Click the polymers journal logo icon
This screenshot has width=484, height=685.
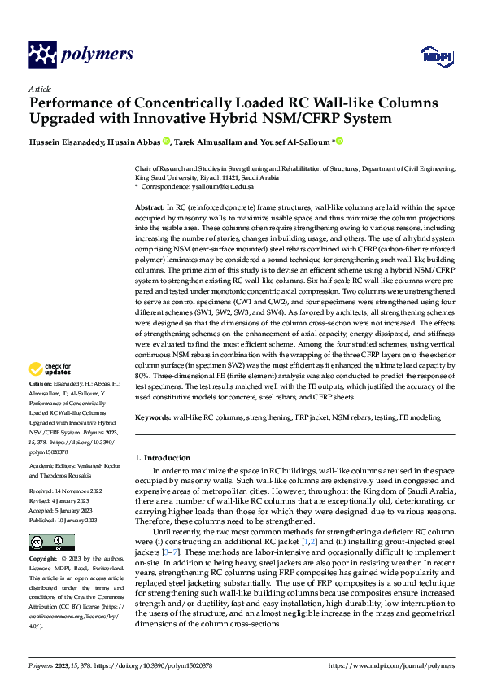42,55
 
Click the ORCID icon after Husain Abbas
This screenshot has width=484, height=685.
167,141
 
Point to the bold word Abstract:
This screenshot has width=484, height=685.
150,207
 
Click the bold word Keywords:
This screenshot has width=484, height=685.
153,417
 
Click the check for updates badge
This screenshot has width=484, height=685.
50,369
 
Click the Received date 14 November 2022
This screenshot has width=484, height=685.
80,491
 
